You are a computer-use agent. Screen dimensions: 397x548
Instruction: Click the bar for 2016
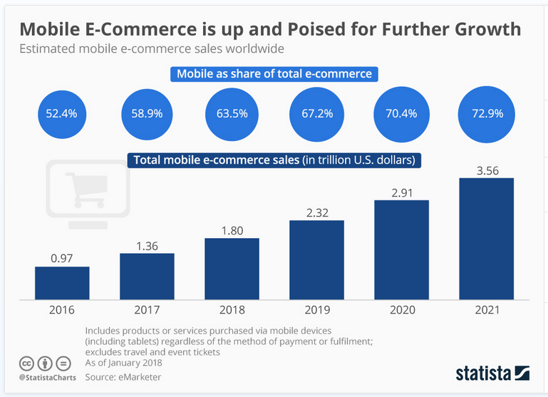[x=62, y=283]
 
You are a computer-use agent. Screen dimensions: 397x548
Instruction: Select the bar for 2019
[x=316, y=259]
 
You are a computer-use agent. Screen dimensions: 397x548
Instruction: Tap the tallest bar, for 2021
[x=486, y=238]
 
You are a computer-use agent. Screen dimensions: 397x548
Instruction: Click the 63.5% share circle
[x=232, y=113]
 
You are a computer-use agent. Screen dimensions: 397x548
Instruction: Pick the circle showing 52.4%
[x=63, y=113]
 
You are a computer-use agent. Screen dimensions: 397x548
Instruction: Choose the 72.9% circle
[x=486, y=113]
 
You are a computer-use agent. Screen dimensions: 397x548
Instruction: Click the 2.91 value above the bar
[x=401, y=192]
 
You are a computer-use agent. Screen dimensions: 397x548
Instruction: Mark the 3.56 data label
[x=486, y=169]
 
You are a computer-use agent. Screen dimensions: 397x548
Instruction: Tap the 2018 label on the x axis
[x=232, y=311]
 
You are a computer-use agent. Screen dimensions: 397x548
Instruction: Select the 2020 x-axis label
[x=401, y=311]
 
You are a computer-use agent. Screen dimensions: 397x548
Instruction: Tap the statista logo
[x=492, y=373]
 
